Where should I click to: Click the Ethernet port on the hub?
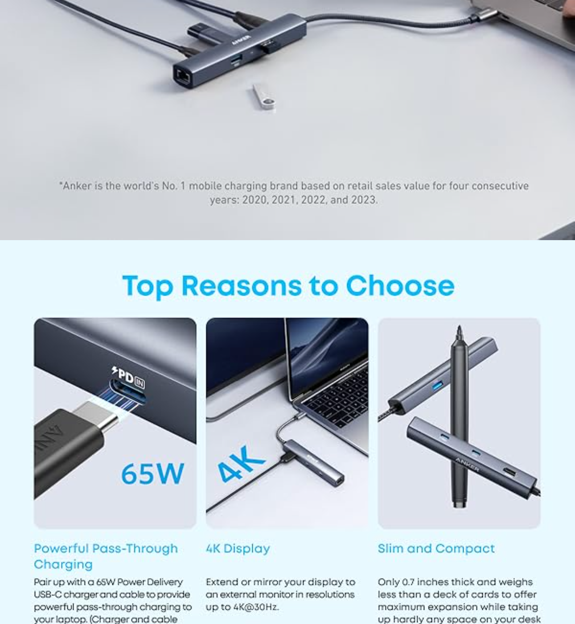[x=183, y=76]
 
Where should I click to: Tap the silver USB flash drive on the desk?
[x=263, y=97]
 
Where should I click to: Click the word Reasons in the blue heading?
[x=242, y=286]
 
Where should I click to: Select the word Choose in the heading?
[x=400, y=286]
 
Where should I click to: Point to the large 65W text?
[x=152, y=474]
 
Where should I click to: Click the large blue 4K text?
[x=241, y=464]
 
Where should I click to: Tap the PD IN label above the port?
[x=128, y=377]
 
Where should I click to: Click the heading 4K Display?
[x=238, y=549]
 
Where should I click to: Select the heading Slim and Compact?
[x=436, y=549]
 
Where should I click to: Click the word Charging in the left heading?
[x=63, y=565]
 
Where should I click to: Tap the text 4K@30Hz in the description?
[x=255, y=607]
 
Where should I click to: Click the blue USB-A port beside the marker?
[x=438, y=385]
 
